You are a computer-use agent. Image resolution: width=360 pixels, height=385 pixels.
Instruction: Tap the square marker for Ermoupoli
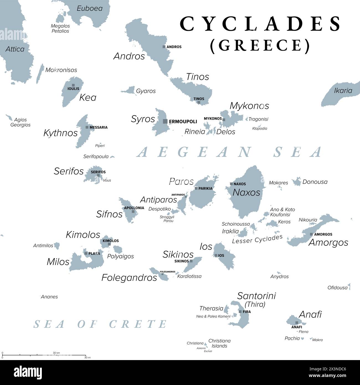click(165, 121)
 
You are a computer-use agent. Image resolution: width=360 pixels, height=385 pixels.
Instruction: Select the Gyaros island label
click(146, 91)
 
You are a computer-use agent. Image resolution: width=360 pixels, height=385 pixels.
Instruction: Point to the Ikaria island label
click(343, 91)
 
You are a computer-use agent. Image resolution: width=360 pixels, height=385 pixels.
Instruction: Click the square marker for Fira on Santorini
click(240, 312)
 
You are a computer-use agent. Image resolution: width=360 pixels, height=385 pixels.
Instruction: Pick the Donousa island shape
click(297, 182)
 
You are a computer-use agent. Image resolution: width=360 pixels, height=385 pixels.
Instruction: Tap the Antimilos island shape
click(57, 245)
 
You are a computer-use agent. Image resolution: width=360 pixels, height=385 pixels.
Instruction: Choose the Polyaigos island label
click(120, 256)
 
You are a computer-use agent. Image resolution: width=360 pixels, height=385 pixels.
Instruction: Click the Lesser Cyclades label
click(257, 239)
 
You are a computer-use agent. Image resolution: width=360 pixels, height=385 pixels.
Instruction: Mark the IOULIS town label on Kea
click(73, 89)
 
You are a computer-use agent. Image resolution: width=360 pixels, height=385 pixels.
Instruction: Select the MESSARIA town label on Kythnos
click(99, 127)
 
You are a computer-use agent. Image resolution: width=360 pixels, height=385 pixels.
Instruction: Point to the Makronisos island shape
click(40, 74)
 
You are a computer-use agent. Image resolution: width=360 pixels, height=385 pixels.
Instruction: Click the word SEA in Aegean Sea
click(298, 152)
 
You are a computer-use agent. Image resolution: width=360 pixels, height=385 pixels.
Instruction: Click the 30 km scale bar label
click(56, 353)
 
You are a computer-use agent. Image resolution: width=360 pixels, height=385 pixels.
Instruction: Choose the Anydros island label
click(279, 276)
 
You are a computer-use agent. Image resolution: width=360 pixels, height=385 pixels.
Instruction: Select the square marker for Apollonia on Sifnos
click(133, 211)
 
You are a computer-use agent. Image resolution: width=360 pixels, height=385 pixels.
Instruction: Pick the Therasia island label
click(211, 308)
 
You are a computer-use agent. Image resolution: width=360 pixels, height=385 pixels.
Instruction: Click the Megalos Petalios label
click(60, 29)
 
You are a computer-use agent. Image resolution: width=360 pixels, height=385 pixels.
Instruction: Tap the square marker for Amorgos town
click(311, 234)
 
